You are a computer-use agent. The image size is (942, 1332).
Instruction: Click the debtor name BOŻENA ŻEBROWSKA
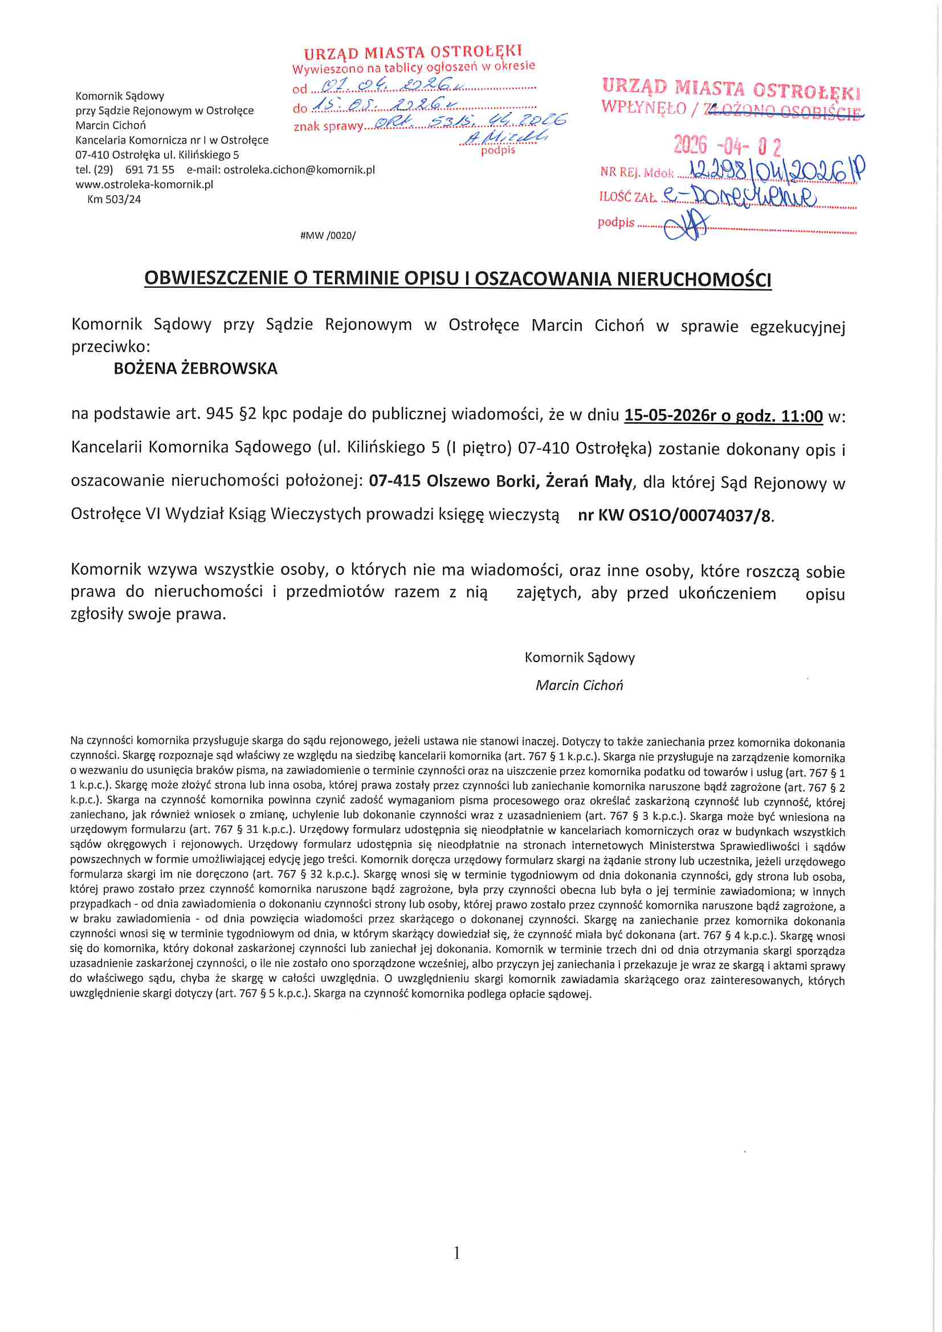click(x=195, y=369)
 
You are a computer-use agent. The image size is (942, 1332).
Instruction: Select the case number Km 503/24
click(x=114, y=199)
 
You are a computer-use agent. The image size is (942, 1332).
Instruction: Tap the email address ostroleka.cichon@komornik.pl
click(x=299, y=170)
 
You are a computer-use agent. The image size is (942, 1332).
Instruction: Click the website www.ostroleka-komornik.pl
click(x=144, y=185)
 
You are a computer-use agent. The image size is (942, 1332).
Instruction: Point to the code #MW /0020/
click(x=328, y=235)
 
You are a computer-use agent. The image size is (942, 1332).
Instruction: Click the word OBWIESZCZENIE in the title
click(x=216, y=279)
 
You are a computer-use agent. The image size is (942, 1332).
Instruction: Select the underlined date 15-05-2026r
click(x=670, y=416)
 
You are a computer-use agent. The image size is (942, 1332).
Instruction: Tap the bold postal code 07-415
click(x=395, y=481)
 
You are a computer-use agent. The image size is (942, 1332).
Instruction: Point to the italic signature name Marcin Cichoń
click(x=579, y=685)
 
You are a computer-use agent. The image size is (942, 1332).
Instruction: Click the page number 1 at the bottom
click(x=457, y=1253)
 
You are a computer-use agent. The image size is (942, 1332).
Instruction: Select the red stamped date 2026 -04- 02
click(x=727, y=145)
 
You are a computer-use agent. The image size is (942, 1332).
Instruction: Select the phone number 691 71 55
click(x=150, y=170)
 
